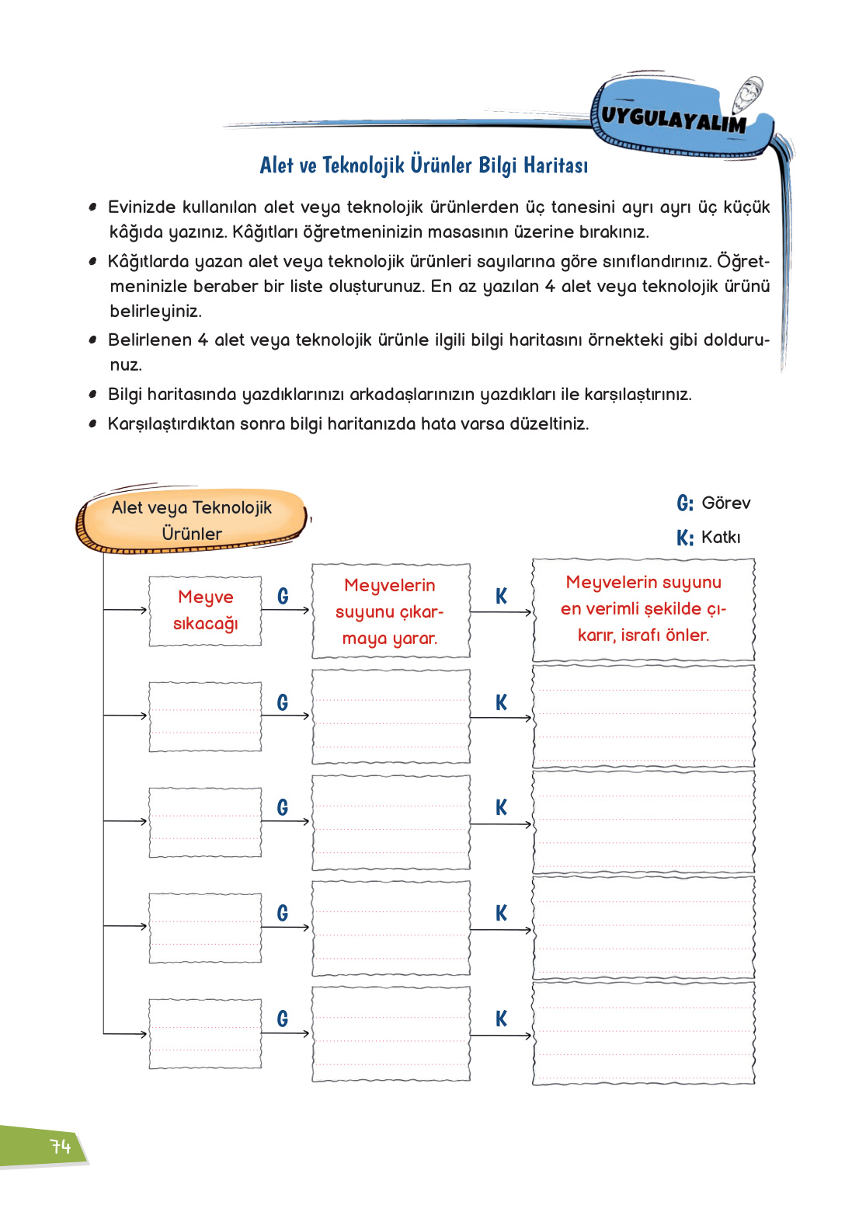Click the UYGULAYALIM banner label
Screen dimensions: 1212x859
673,119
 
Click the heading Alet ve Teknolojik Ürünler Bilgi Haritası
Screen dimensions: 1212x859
423,165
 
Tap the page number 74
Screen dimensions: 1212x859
60,1147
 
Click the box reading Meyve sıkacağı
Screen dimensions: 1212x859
205,611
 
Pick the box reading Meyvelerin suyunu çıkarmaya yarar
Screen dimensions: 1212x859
390,611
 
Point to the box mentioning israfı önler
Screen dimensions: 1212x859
643,609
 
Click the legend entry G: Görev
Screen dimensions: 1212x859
713,503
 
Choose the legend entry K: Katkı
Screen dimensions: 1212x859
708,537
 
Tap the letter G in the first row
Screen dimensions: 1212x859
283,596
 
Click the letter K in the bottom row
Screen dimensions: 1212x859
501,1019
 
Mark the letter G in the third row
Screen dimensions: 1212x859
283,807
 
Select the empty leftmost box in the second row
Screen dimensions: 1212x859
205,716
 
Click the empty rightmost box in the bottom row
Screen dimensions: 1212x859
643,1033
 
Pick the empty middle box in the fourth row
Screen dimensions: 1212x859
391,928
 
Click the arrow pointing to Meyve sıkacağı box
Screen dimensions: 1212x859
126,610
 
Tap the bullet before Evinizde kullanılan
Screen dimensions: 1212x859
92,207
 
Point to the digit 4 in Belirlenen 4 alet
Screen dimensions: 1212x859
203,340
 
